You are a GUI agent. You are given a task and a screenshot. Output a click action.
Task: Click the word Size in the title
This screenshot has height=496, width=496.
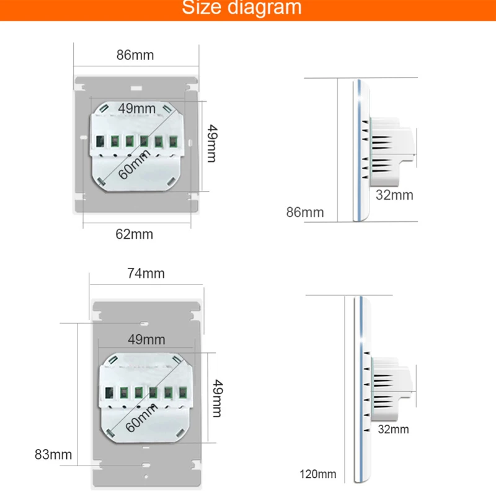pos(203,8)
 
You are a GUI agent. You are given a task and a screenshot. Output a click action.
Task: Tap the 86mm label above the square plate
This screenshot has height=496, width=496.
pos(135,55)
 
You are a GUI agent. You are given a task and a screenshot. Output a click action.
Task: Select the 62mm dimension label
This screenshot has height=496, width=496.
pos(135,234)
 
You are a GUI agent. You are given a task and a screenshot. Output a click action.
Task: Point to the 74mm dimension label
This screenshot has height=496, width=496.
pos(146,273)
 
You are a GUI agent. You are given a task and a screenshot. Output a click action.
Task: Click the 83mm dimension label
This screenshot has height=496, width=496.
pos(53,455)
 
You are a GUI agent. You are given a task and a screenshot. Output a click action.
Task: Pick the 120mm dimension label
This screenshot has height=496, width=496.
pos(317,475)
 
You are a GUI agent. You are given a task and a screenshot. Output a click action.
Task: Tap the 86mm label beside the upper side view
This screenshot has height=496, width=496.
pos(305,212)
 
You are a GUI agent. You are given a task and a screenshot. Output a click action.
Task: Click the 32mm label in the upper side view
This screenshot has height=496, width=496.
pos(394,195)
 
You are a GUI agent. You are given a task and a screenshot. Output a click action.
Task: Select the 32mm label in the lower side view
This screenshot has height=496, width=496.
pos(392,429)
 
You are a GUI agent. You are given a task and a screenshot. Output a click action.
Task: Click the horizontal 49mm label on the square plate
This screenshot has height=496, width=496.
pos(137,108)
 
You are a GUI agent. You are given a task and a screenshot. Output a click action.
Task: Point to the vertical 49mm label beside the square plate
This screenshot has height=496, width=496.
pos(211,144)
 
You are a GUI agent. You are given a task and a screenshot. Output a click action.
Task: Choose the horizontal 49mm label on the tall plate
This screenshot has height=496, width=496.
pos(146,339)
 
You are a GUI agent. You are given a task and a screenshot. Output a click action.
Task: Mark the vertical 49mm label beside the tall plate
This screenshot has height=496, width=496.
pos(216,399)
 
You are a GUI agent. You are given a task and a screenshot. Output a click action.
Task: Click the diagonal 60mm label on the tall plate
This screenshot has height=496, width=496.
pos(139,416)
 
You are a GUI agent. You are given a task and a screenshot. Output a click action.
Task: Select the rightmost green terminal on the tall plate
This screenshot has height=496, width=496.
pos(183,392)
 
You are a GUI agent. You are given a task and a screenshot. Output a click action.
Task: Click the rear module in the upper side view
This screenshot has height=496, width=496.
pos(392,149)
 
